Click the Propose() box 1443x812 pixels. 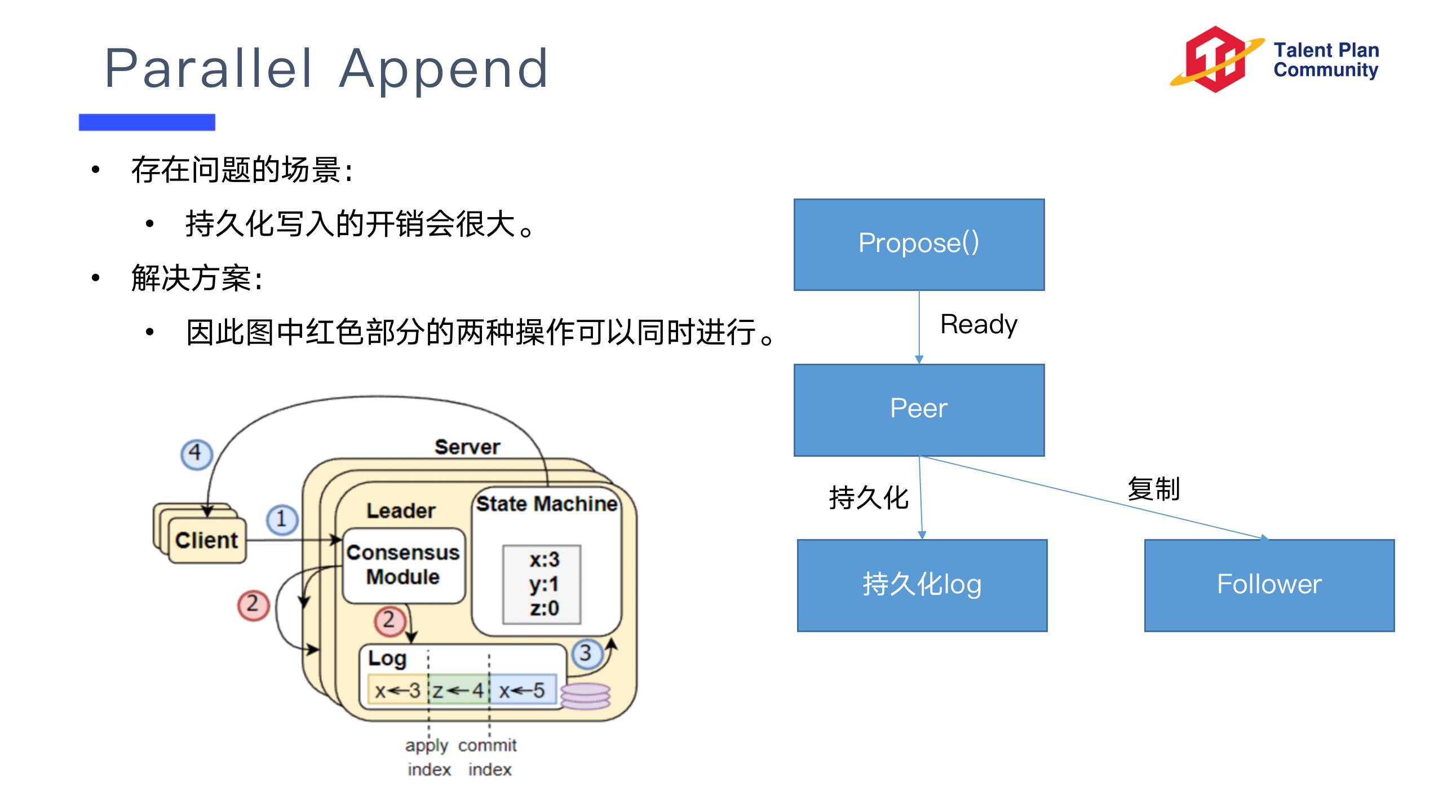(x=918, y=244)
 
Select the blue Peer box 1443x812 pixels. (x=918, y=409)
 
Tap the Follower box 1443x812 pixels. (x=1269, y=585)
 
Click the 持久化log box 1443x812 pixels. (x=922, y=585)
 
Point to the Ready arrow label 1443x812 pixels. (x=979, y=325)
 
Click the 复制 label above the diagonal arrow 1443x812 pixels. (x=1153, y=488)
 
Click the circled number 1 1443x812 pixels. (x=282, y=519)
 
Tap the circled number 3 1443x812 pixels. (x=586, y=654)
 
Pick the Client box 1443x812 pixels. (x=206, y=540)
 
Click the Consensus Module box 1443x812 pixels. (x=403, y=565)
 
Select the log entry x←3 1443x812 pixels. (x=397, y=690)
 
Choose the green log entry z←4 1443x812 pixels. (x=458, y=690)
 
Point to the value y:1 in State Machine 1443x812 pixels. (x=543, y=585)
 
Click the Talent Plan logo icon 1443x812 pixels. (x=1215, y=59)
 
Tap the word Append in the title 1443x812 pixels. (x=443, y=69)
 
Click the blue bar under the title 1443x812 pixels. (x=147, y=122)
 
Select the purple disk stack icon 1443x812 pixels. (x=586, y=696)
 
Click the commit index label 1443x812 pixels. (x=488, y=757)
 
